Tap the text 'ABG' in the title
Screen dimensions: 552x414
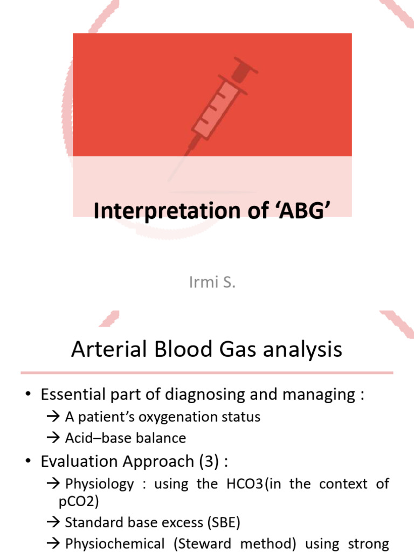pyautogui.click(x=302, y=211)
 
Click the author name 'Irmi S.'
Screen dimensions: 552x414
pyautogui.click(x=212, y=282)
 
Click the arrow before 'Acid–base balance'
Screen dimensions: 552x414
pyautogui.click(x=54, y=438)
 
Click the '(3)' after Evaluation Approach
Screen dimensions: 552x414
pyautogui.click(x=209, y=461)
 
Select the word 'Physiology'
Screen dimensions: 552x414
pyautogui.click(x=99, y=484)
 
